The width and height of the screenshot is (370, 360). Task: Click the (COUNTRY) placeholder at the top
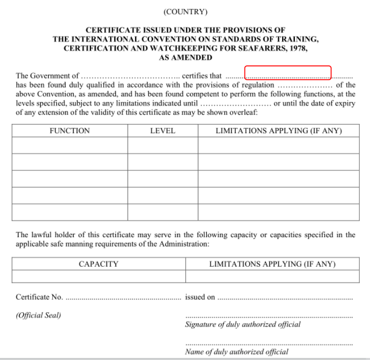(x=186, y=12)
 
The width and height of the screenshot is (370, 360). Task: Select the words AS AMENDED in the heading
(x=186, y=58)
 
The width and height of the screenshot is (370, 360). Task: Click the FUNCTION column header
(x=70, y=131)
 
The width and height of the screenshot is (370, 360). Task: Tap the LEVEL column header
(x=163, y=131)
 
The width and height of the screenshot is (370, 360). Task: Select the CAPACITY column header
(x=99, y=264)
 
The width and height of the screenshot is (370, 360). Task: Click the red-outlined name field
(x=288, y=73)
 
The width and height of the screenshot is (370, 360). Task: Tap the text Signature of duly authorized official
(x=242, y=325)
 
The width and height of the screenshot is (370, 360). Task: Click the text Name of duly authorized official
(x=236, y=351)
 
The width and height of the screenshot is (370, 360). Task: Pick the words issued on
(x=200, y=297)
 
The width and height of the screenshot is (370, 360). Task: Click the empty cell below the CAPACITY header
(x=99, y=276)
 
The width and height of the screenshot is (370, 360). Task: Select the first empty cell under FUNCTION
(x=70, y=146)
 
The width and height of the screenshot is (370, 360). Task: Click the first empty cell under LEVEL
(x=163, y=146)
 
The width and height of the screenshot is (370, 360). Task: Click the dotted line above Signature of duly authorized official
(x=268, y=317)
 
